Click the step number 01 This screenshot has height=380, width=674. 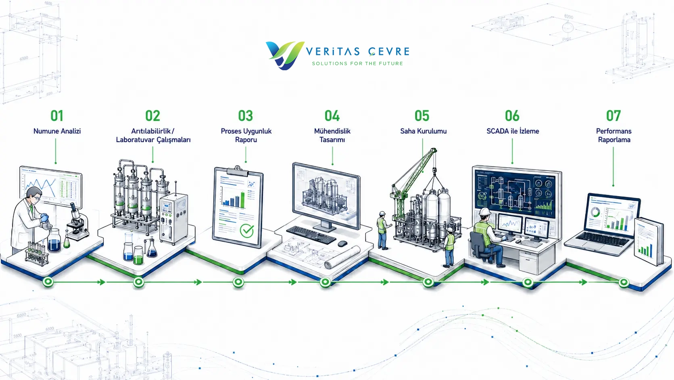coord(57,116)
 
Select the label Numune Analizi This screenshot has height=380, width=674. coord(57,131)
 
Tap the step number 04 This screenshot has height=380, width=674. coord(332,116)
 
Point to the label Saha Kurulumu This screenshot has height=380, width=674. coord(423,131)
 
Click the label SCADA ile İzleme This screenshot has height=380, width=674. coord(513,131)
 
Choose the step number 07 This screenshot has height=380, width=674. coord(613,116)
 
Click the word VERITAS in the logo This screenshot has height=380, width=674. coord(333,52)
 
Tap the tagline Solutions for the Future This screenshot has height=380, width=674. coord(357,63)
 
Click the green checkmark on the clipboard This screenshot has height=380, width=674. coord(247,231)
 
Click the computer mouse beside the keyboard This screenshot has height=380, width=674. coord(342,244)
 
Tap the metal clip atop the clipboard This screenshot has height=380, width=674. coord(238,170)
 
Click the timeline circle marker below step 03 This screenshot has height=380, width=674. coord(238,282)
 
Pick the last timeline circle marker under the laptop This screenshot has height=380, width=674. coord(624,282)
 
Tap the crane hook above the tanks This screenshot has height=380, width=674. coord(434,172)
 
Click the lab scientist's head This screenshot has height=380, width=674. coord(34,195)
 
